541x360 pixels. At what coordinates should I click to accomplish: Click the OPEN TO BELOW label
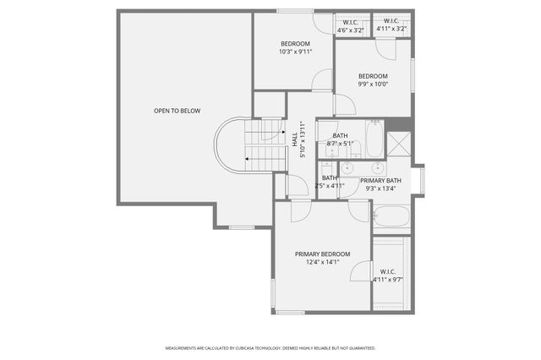[x=177, y=111]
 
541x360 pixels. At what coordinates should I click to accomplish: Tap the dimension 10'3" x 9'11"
[x=295, y=52]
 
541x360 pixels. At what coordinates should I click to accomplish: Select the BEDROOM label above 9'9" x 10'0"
[x=373, y=76]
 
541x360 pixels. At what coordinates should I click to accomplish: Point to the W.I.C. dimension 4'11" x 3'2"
[x=391, y=30]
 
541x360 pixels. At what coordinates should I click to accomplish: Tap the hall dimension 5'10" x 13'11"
[x=303, y=139]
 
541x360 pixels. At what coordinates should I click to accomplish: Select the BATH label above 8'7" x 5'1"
[x=340, y=136]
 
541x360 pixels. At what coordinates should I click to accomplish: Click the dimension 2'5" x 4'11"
[x=330, y=186]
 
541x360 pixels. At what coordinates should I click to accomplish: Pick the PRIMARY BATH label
[x=380, y=181]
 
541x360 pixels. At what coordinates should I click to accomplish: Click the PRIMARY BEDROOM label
[x=322, y=254]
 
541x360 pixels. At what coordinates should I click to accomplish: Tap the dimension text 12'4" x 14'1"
[x=322, y=263]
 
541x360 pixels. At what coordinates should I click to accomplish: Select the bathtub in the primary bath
[x=391, y=216]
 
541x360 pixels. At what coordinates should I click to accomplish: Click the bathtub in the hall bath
[x=374, y=139]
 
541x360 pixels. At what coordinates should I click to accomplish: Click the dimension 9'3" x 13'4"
[x=380, y=189]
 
